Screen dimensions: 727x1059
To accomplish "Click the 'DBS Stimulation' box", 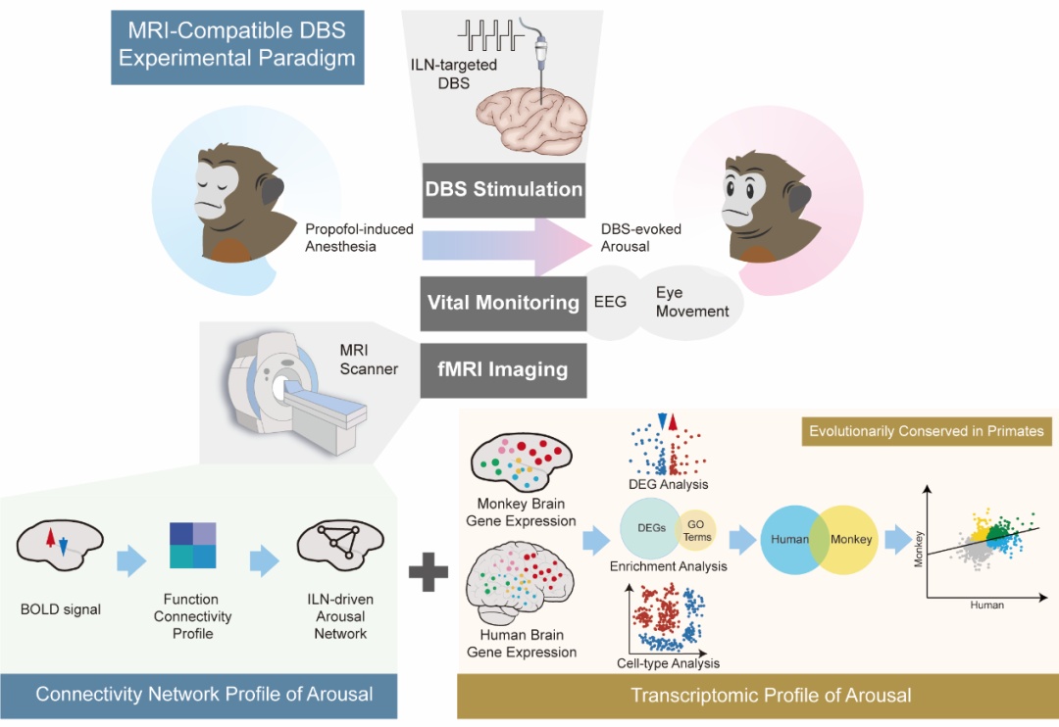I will (504, 189).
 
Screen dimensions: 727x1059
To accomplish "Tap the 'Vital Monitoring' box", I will (503, 303).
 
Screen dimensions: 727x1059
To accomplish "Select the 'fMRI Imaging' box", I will (503, 370).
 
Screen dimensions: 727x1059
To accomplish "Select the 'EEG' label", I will (609, 302).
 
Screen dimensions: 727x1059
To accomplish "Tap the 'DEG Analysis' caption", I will (669, 484).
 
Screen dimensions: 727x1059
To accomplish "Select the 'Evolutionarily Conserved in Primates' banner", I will (925, 430).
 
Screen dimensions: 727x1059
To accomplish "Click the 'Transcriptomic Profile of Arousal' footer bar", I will (757, 696).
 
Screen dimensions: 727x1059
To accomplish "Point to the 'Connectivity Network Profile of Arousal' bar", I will (204, 695).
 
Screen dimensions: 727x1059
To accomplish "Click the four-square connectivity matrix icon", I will (192, 546).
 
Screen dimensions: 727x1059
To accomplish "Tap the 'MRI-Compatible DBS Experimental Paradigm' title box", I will (236, 45).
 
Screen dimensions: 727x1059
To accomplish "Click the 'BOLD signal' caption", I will (60, 609).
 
